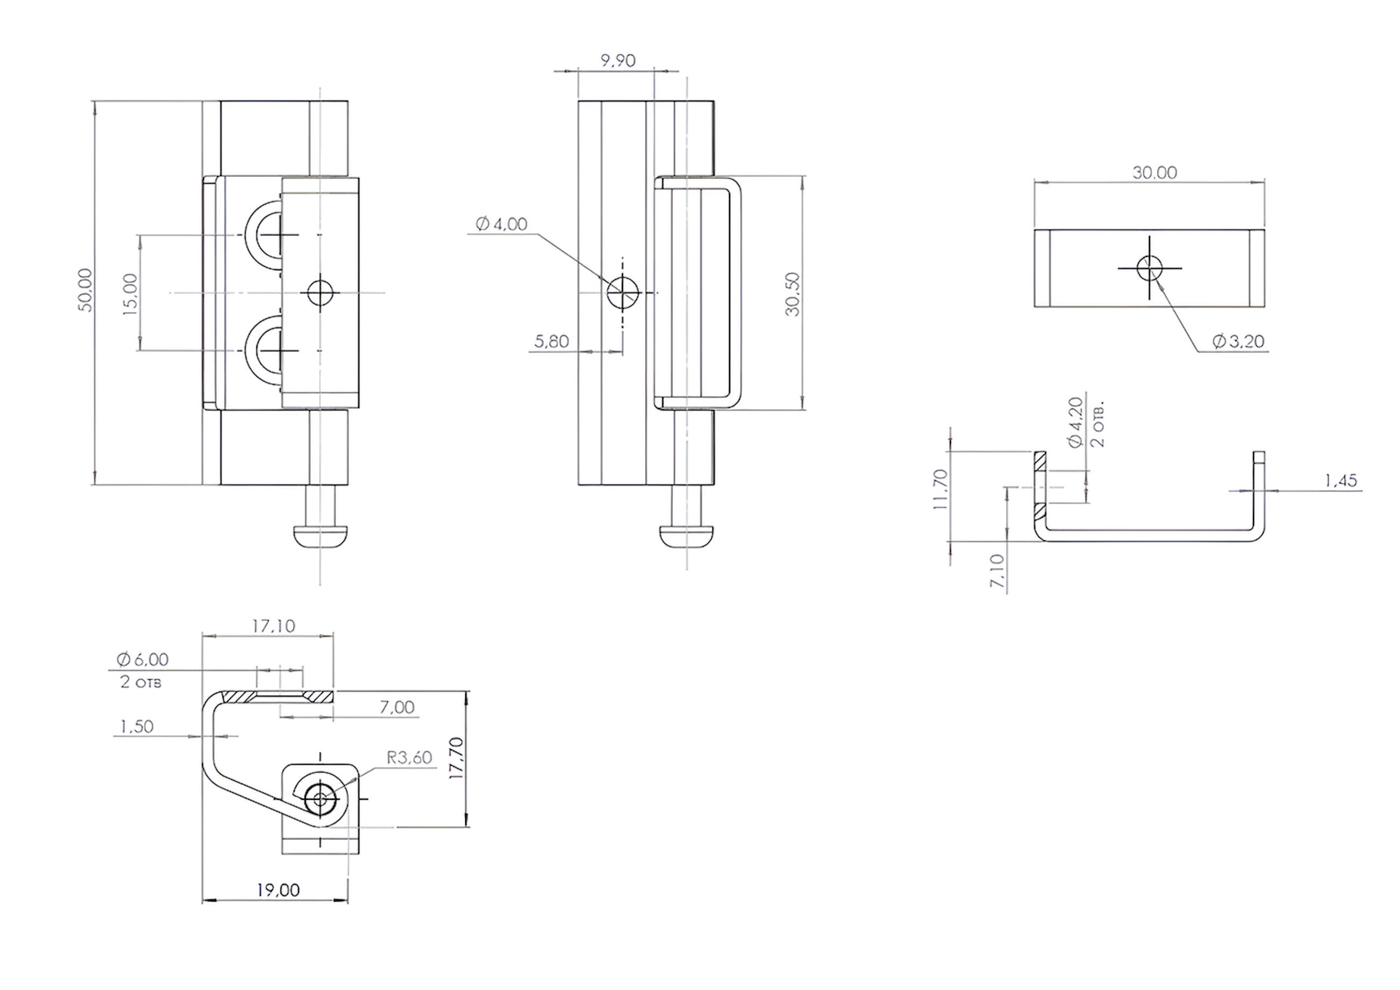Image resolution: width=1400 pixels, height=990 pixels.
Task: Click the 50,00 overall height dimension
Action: [86, 290]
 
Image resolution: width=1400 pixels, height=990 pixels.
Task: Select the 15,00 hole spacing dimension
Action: [131, 294]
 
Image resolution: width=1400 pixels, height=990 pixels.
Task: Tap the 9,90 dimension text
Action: [618, 60]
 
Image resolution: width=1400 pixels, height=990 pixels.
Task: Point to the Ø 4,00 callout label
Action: [501, 224]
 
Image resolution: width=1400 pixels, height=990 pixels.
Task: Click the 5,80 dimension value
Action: [551, 341]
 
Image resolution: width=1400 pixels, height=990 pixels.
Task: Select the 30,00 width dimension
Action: [1155, 172]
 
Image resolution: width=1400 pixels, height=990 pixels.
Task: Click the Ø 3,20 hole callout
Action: [1238, 341]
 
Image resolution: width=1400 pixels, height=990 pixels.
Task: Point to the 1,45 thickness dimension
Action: [1341, 480]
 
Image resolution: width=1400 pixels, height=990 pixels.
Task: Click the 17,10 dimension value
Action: [274, 626]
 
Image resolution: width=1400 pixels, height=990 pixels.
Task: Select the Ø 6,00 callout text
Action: [143, 659]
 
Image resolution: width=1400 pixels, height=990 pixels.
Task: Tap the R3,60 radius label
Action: [410, 758]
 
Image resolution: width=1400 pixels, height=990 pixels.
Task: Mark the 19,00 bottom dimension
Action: [278, 890]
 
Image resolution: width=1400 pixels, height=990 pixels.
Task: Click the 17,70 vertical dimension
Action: [456, 759]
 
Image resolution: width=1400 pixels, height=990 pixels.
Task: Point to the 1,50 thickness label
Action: [137, 727]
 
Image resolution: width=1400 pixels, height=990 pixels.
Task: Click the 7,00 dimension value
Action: [397, 707]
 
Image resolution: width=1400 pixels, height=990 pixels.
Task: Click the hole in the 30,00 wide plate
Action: [1150, 268]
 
